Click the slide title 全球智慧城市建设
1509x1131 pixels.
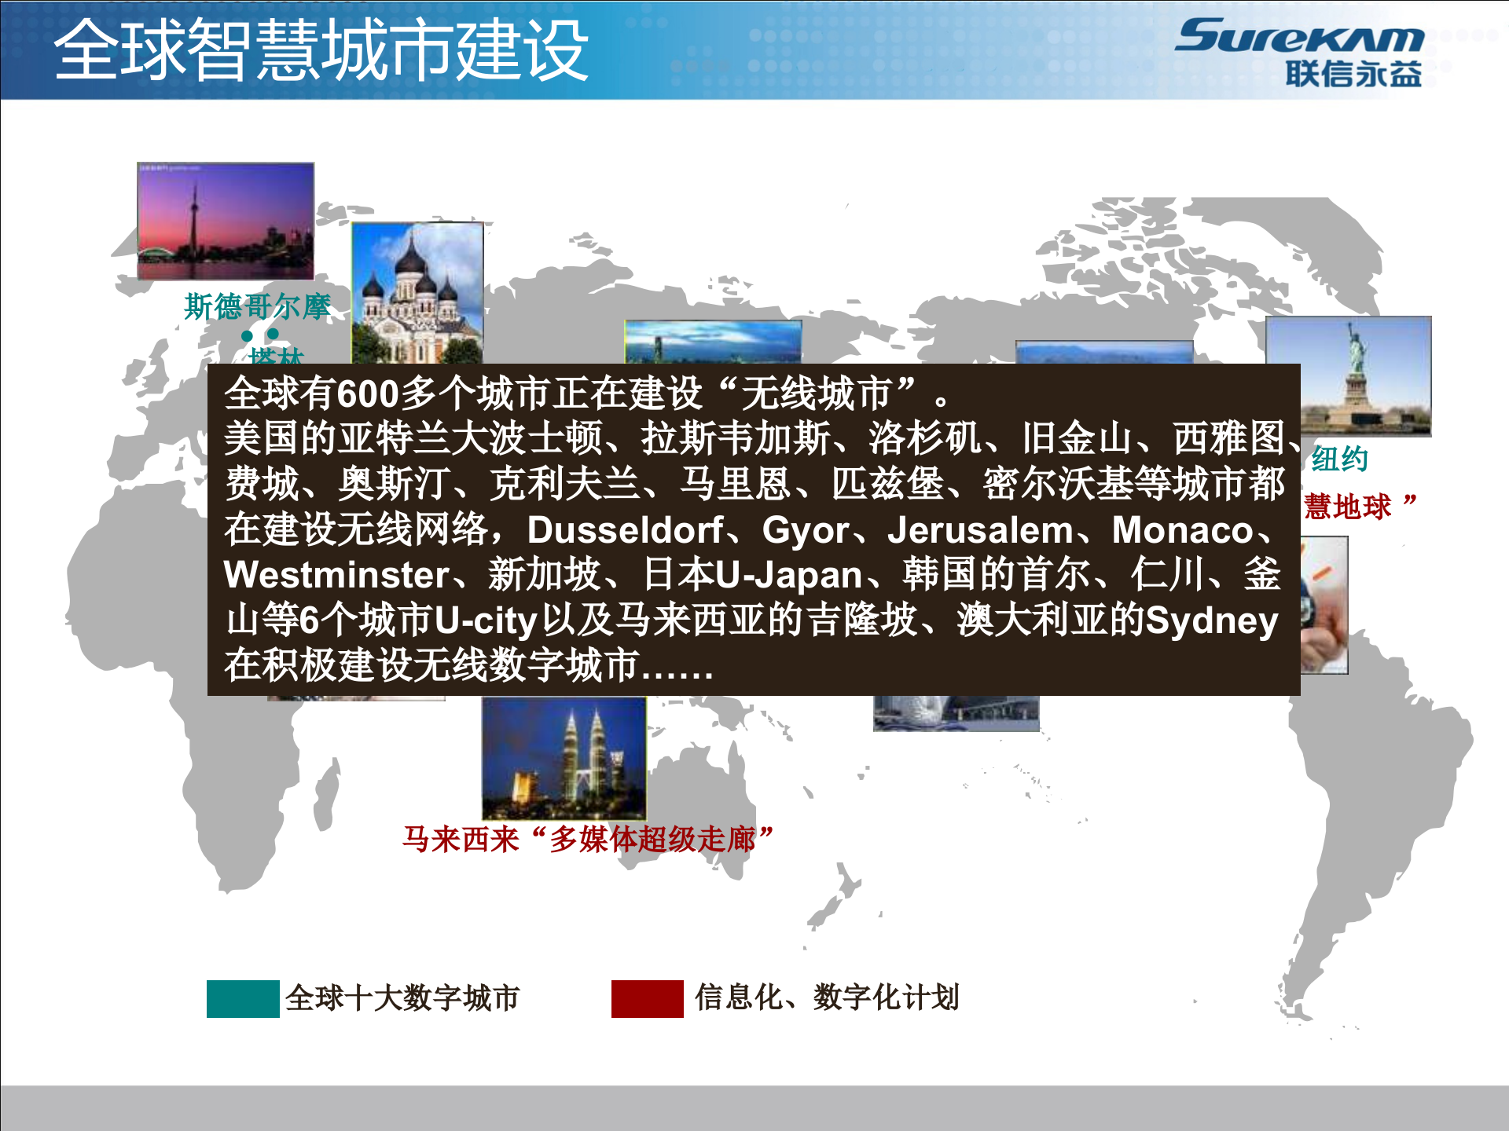321,50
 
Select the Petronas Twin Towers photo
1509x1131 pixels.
564,757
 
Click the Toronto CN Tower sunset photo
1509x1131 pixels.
226,221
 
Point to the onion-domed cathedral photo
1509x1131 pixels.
417,292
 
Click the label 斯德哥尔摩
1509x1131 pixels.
258,306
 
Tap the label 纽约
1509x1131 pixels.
1339,459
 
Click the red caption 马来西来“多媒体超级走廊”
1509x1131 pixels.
588,839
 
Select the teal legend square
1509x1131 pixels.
243,998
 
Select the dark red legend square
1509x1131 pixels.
647,998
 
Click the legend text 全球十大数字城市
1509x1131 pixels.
402,998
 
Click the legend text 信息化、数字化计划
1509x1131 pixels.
827,997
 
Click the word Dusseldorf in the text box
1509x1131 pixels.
626,530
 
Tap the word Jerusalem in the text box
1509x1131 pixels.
980,530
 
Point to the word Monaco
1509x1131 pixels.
1182,530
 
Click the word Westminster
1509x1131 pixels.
336,575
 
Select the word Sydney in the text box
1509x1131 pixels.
1211,620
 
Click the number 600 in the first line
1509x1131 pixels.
367,393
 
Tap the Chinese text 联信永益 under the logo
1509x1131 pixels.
1353,75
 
